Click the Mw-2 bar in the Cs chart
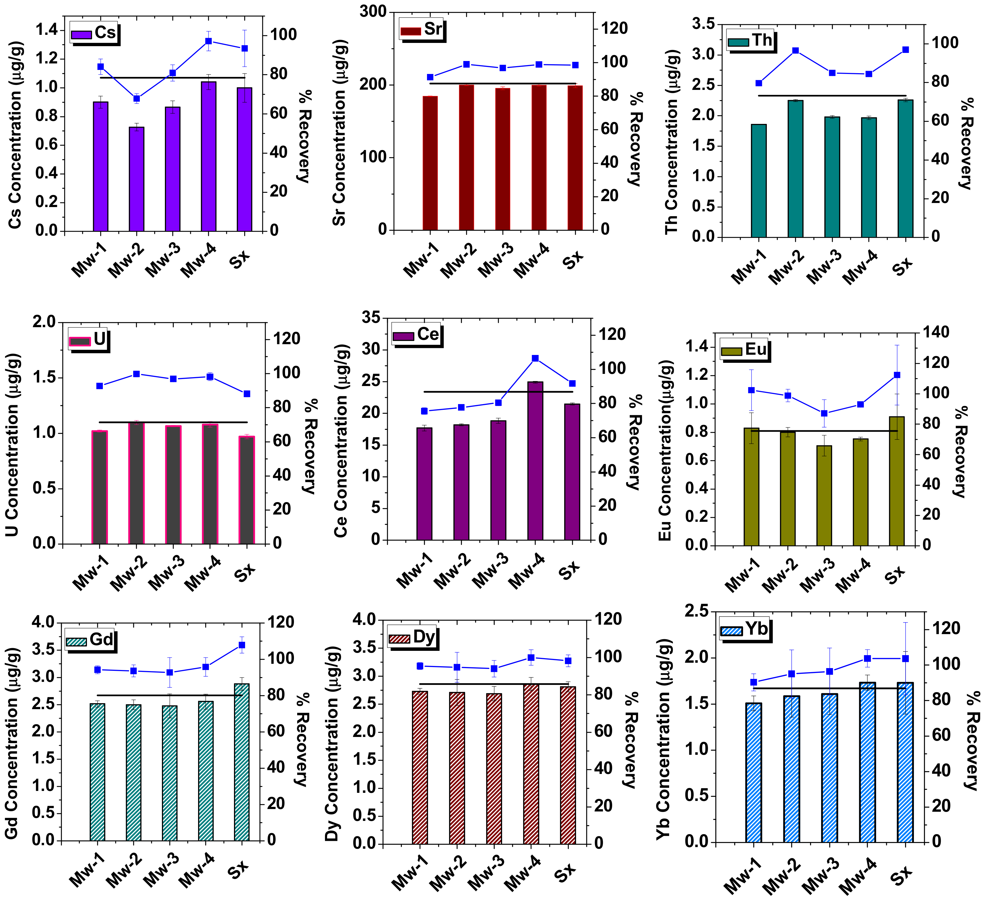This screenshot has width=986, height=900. point(137,178)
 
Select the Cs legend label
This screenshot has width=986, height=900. point(105,32)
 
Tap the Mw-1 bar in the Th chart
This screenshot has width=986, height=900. point(758,181)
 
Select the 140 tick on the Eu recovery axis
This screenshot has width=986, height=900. point(935,332)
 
